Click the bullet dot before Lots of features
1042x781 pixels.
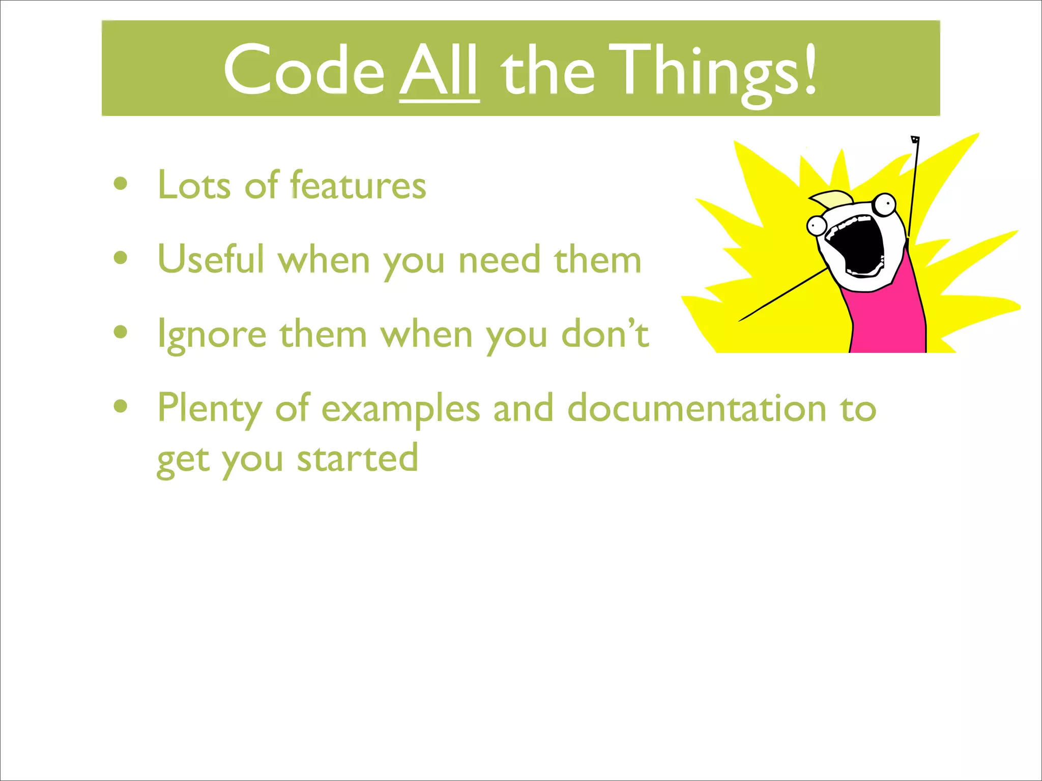(121, 184)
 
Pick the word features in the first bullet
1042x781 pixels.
(358, 185)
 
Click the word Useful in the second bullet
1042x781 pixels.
(211, 259)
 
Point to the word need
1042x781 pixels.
(499, 260)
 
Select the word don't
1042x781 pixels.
(605, 334)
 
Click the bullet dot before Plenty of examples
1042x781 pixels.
(121, 407)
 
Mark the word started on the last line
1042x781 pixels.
(357, 458)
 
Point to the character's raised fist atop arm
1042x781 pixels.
(915, 140)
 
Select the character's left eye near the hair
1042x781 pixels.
(817, 225)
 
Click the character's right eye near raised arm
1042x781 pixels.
(886, 204)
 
